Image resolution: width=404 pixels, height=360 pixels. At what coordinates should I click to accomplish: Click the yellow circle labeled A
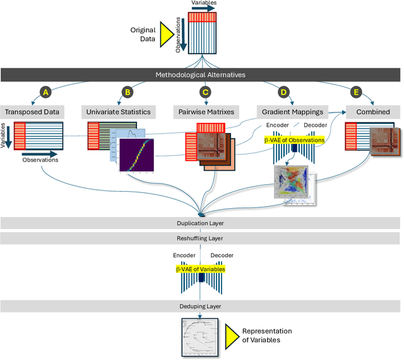[45, 92]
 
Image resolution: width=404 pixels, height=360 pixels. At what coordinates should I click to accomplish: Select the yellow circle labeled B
[127, 92]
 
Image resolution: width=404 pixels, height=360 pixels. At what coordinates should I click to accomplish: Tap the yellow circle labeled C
[205, 92]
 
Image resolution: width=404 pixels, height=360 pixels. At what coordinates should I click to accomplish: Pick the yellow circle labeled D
[283, 92]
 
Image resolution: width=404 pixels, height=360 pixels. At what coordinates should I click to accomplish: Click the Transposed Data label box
[32, 112]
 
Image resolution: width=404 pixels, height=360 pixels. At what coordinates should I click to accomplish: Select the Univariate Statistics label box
[117, 112]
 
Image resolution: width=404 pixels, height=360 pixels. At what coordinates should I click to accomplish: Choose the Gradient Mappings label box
[292, 112]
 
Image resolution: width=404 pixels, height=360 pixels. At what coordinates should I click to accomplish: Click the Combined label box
[372, 112]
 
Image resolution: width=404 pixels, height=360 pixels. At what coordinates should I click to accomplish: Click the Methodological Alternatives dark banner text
[201, 75]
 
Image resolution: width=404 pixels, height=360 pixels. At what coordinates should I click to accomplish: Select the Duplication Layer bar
[201, 223]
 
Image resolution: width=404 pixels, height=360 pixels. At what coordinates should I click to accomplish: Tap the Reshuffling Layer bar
[201, 238]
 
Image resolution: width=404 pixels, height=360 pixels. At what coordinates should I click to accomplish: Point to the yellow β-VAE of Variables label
[200, 269]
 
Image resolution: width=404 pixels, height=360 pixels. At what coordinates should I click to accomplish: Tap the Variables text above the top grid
[203, 3]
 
